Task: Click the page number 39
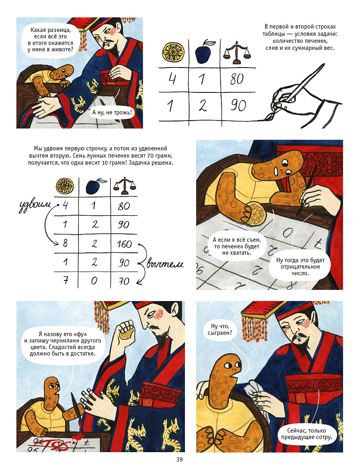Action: coord(179,460)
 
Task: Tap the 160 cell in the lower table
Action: coord(124,244)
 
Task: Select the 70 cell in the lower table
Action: coord(124,281)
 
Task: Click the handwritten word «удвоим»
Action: coord(34,207)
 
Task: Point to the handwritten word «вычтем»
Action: coord(165,264)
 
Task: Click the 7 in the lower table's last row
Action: coord(66,280)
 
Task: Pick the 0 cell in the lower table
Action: coord(94,281)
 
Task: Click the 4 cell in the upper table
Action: coord(172,78)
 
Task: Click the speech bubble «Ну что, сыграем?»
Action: coord(219,329)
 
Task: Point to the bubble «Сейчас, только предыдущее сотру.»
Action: coord(306,434)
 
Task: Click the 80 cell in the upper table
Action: coord(237,79)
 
